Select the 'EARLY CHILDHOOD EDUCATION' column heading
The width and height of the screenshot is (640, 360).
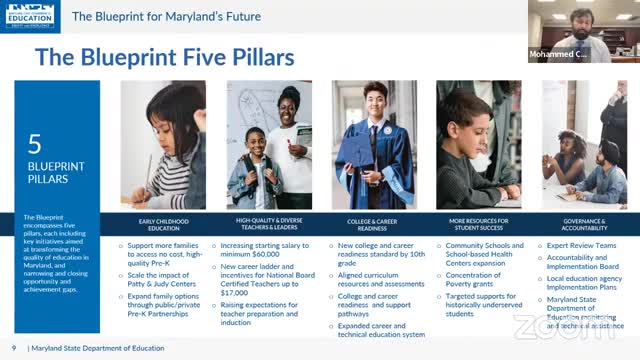coord(163,223)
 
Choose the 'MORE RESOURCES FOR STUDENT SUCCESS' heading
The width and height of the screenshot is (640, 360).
coord(478,223)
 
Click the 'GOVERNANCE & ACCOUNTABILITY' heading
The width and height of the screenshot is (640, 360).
coord(584,223)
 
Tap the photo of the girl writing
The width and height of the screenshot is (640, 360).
coord(163,145)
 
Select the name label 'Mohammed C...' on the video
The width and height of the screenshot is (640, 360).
coord(552,51)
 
